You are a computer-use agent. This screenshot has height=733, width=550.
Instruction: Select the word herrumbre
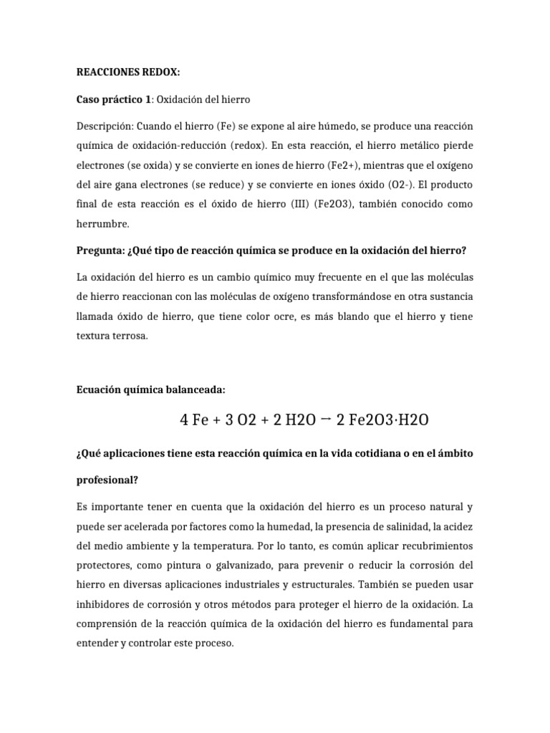click(x=101, y=223)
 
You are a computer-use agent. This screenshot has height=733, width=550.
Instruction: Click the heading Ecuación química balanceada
click(x=150, y=389)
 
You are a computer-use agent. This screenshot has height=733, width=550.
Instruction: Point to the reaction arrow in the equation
click(x=325, y=419)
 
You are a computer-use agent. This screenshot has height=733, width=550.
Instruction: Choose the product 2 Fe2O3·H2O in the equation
click(x=382, y=419)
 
